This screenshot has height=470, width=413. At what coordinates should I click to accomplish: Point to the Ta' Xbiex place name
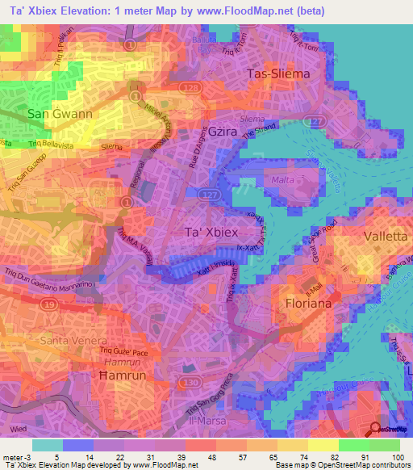click(x=207, y=232)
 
